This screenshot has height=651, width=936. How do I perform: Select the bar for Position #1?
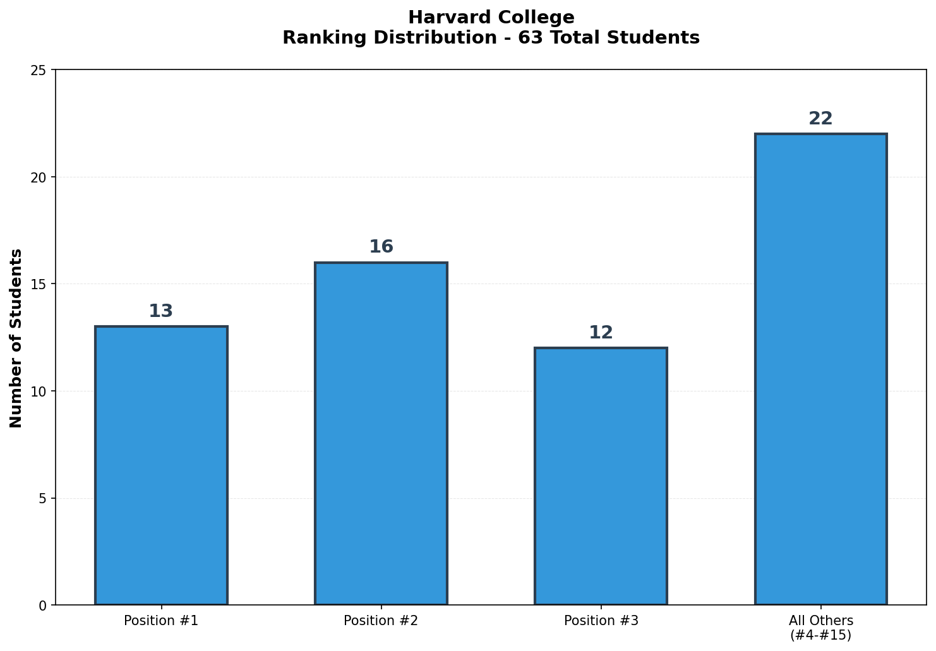point(161,465)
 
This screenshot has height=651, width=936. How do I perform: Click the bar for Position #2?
point(381,433)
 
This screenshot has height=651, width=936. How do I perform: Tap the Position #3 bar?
point(601,476)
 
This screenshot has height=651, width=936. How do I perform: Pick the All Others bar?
point(820,369)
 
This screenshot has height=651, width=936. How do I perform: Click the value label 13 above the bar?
point(161,311)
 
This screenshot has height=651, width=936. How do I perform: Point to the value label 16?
point(381,247)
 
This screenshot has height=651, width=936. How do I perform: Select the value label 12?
point(601,333)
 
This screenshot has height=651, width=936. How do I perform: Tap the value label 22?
point(820,119)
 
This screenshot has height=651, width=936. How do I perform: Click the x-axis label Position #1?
point(161,621)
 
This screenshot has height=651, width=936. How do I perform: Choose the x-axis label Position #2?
point(381,621)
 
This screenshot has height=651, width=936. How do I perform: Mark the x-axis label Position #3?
point(601,621)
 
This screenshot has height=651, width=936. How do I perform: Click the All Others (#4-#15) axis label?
point(820,628)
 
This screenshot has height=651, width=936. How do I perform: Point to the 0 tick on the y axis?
point(42,606)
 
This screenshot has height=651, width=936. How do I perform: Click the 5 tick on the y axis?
point(42,498)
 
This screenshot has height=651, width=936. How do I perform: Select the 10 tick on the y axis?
point(39,391)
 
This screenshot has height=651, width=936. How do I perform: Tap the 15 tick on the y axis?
point(39,284)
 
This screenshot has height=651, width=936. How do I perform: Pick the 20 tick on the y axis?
point(39,177)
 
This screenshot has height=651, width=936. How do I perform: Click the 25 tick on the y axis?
point(39,70)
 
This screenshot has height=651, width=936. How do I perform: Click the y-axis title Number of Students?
point(16,338)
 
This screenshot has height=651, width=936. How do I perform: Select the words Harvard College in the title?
point(491,17)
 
